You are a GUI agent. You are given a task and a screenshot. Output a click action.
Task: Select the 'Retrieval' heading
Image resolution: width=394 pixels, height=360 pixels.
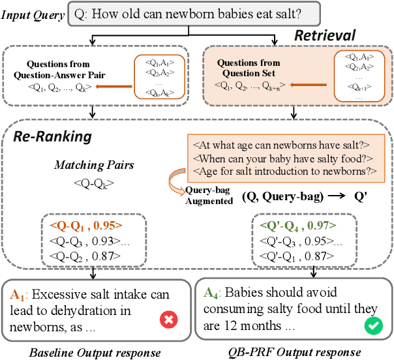tap(324, 35)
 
